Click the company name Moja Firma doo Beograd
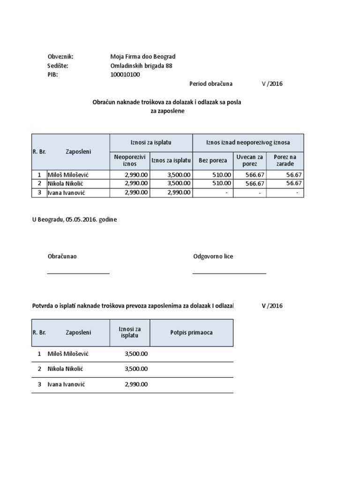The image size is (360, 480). point(142,57)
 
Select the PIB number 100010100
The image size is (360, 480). point(125,75)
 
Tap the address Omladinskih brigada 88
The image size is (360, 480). point(141,66)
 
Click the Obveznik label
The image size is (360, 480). point(60,57)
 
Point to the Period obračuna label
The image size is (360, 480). point(210,84)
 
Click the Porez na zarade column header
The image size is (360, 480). point(285,160)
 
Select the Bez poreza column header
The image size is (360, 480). point(213,160)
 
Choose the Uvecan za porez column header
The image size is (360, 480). point(250,160)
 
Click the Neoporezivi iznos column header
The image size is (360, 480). point(129,160)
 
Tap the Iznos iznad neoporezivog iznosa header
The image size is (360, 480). point(248,142)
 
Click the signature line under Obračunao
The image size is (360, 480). point(78,273)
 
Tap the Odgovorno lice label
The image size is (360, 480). point(213,256)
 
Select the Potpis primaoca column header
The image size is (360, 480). point(191,332)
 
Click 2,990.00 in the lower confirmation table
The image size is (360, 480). point(136,384)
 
